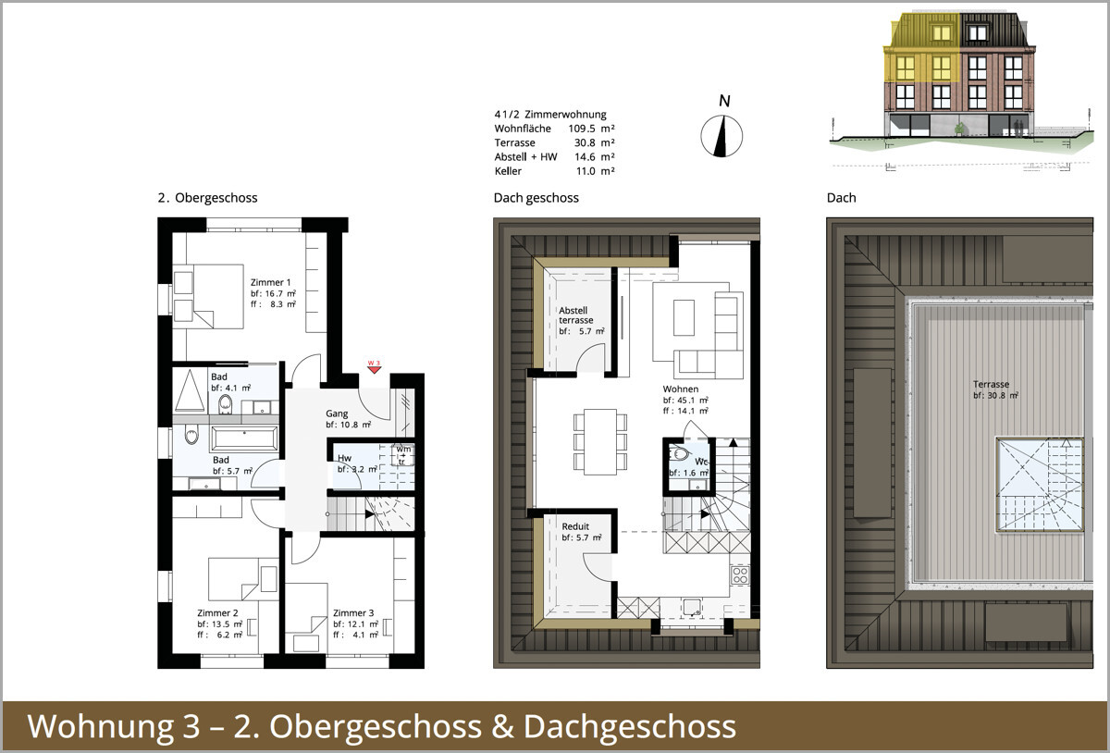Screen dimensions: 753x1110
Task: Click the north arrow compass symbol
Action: pos(721,135)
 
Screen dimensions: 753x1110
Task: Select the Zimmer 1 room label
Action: pos(271,282)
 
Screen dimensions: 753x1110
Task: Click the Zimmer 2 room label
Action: pos(217,612)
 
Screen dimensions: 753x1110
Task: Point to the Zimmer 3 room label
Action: pos(353,612)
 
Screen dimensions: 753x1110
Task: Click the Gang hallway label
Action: pos(336,414)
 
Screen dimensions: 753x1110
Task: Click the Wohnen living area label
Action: pos(681,389)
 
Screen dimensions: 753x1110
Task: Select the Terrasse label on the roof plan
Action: pos(991,384)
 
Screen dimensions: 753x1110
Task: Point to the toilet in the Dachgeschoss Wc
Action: pos(681,454)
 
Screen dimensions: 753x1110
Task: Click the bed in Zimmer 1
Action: pos(210,295)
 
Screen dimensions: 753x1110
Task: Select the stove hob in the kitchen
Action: pos(740,574)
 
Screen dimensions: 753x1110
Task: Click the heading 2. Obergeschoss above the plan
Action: pos(207,198)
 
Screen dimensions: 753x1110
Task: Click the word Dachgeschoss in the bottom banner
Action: pos(630,726)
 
